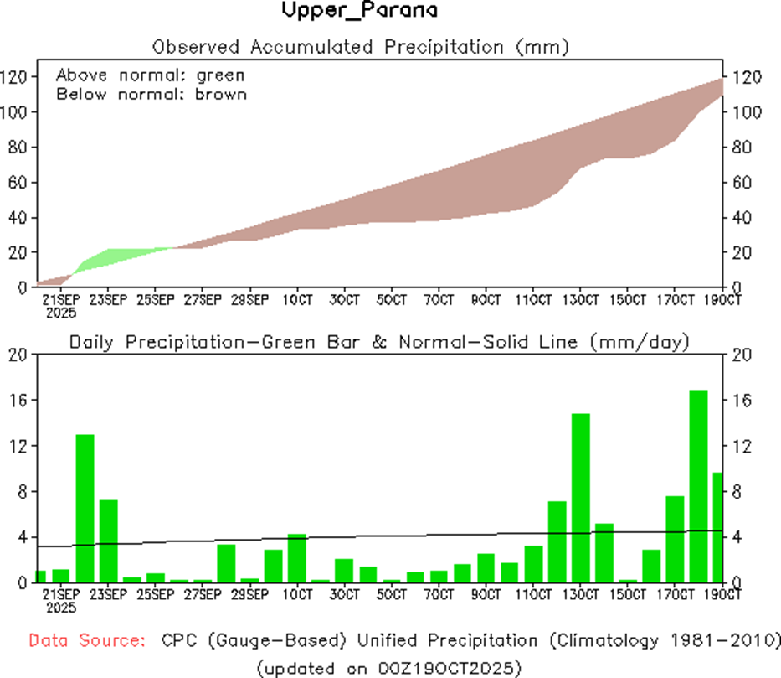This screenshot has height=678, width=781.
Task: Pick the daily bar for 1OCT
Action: [x=297, y=557]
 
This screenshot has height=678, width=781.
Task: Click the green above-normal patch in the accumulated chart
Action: [x=109, y=258]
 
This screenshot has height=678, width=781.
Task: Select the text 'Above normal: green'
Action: [x=151, y=75]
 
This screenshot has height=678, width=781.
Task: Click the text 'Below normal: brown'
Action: [x=152, y=94]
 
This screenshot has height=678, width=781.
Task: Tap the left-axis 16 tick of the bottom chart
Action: [x=18, y=401]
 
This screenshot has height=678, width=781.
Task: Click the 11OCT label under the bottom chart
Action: [x=533, y=595]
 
